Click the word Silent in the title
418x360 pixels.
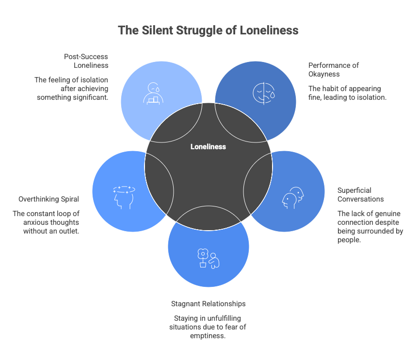[158, 30]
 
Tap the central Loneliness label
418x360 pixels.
[208, 147]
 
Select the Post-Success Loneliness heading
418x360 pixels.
[86, 61]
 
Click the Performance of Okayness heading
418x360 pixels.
[334, 69]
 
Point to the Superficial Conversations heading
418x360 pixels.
[360, 195]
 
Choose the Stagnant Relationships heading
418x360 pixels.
[208, 304]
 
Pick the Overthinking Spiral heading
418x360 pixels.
[49, 199]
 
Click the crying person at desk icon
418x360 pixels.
[153, 93]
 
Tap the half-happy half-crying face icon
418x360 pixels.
[264, 94]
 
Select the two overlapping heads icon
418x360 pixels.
[293, 198]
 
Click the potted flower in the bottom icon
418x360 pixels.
[203, 258]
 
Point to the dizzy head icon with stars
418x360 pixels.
[124, 197]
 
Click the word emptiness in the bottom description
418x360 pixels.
[208, 336]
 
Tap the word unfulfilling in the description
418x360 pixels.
[224, 318]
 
